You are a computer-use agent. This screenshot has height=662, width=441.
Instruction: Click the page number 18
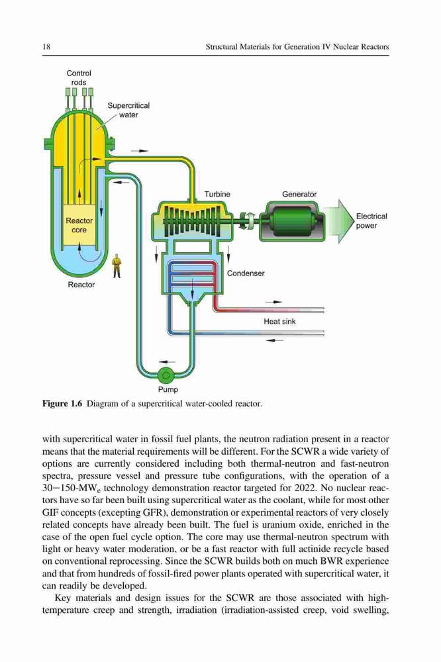(46, 47)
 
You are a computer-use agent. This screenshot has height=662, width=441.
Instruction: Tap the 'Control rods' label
(79, 77)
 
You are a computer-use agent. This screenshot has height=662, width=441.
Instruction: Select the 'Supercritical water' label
(128, 110)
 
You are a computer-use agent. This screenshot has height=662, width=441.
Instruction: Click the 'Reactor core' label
(79, 226)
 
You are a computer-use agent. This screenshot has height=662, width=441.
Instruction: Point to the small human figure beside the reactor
(117, 267)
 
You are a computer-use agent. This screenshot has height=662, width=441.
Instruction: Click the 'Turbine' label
(217, 194)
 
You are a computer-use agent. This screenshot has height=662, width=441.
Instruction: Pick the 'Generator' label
(299, 194)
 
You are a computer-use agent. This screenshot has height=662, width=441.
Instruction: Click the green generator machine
(292, 220)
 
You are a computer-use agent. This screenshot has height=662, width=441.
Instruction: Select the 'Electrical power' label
(371, 221)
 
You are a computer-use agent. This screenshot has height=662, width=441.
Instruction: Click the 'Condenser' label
(246, 273)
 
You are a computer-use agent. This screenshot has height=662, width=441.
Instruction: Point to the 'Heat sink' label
(279, 321)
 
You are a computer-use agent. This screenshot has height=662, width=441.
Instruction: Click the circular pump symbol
(166, 375)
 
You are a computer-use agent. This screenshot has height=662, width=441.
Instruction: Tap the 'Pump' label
(168, 390)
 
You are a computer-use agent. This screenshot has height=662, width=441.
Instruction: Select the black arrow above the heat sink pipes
(273, 302)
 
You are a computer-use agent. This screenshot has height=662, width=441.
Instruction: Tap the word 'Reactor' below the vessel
(81, 285)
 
